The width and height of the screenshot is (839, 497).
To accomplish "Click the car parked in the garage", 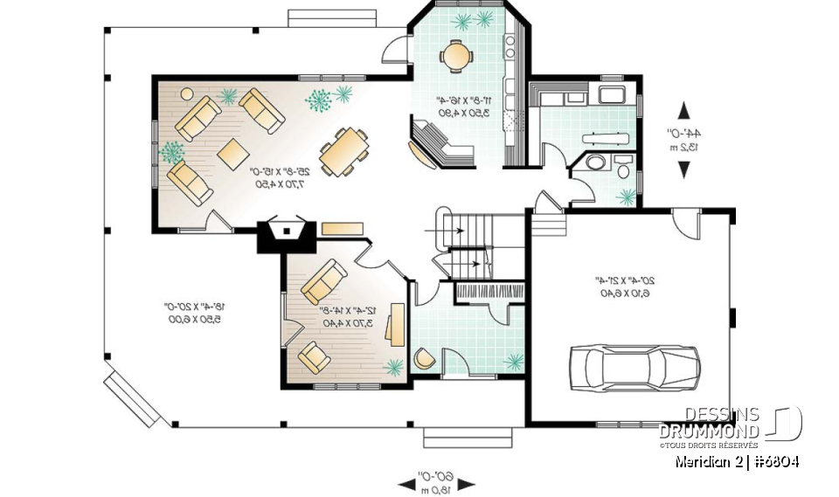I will pos(634,367).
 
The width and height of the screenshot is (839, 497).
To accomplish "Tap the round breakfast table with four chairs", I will pos(455,56).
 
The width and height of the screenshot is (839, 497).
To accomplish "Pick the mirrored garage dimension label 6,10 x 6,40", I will pos(617,293).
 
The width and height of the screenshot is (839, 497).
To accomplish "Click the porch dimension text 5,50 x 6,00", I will pos(194,320).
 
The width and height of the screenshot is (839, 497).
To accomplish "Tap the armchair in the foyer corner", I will pos(425,359).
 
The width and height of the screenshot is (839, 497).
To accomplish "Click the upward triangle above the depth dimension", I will pos(683,110).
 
